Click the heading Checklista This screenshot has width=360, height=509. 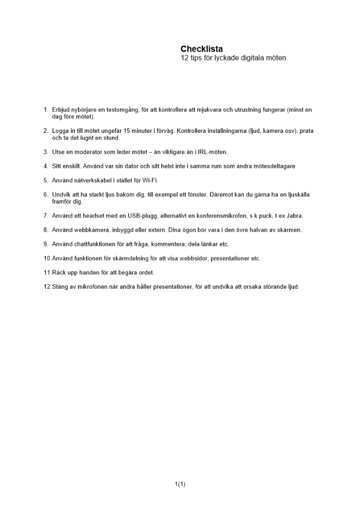pos(202,49)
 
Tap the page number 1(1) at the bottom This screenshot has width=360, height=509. pos(180,484)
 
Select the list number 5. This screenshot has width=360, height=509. pos(46,180)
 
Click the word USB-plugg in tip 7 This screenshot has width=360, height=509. pos(140,216)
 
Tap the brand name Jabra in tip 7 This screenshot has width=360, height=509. pos(294,216)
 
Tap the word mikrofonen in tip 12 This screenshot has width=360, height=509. pos(88,287)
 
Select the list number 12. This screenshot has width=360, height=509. pos(47,287)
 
